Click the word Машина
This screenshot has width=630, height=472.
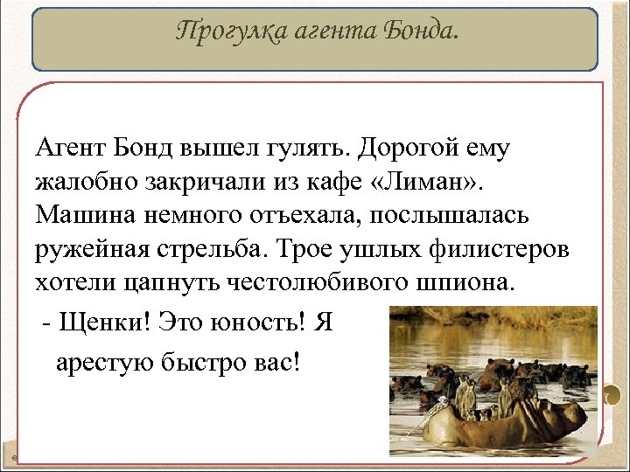83,214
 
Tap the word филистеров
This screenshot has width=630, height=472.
502,248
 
